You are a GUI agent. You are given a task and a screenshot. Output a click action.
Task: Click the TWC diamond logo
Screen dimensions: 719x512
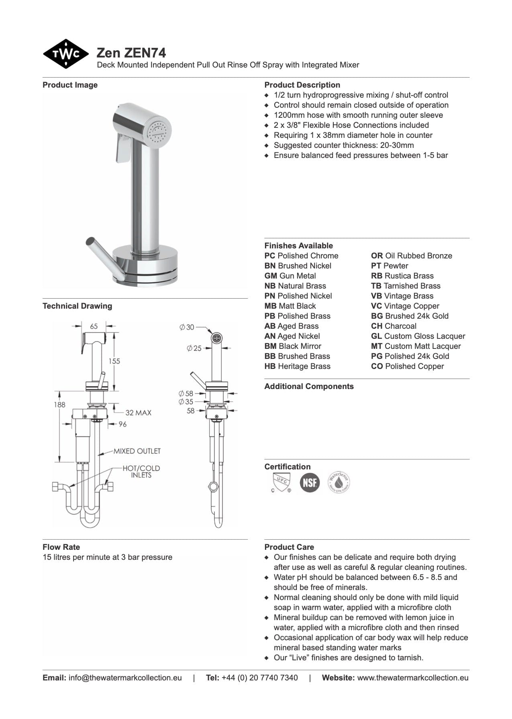[x=65, y=54]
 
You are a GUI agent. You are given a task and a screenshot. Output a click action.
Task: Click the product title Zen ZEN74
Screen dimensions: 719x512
[x=131, y=53]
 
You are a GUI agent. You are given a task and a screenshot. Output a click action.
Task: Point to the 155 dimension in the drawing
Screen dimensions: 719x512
[x=114, y=361]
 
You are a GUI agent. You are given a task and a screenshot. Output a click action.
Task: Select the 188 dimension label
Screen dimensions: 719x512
[x=59, y=404]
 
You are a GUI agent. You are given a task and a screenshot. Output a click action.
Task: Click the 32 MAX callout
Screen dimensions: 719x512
[x=138, y=412]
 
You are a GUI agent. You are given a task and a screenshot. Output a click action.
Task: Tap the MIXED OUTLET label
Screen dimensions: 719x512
[x=137, y=451]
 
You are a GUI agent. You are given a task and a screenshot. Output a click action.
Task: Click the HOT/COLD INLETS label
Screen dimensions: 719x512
[x=141, y=471]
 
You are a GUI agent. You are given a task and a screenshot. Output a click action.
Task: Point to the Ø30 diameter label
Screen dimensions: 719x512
[x=187, y=327]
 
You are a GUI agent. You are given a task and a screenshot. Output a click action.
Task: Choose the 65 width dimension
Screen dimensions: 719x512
[x=94, y=326]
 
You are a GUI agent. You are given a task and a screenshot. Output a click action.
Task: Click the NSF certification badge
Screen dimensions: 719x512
[x=310, y=482]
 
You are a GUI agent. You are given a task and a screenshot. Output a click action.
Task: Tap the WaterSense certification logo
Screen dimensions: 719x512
[x=339, y=482]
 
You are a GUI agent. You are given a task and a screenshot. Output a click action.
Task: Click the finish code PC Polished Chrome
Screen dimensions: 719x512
[x=301, y=256]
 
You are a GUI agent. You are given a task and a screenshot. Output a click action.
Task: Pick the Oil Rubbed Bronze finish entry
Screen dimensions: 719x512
[x=411, y=256]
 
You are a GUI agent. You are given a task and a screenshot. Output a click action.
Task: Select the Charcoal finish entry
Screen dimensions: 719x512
[x=394, y=326]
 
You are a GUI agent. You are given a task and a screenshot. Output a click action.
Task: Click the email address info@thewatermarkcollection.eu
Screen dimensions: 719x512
[x=125, y=678]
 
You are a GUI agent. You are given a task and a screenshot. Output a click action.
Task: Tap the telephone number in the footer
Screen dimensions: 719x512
[x=259, y=678]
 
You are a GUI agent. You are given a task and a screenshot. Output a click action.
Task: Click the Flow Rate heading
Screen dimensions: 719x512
[x=61, y=547]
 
